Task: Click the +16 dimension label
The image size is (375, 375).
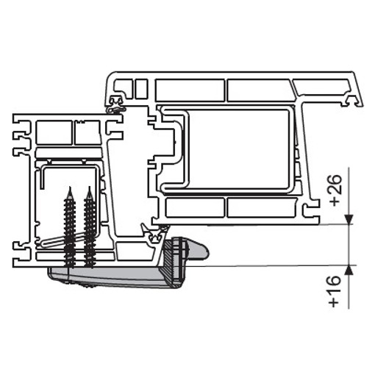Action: [x=336, y=290]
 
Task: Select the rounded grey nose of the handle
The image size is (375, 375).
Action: [x=200, y=252]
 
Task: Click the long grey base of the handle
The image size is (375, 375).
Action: [x=110, y=278]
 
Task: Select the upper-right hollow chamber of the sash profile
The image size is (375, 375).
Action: [x=261, y=89]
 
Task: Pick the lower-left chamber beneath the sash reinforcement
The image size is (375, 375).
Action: [x=194, y=207]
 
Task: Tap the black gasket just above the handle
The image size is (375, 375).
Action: [x=155, y=236]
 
